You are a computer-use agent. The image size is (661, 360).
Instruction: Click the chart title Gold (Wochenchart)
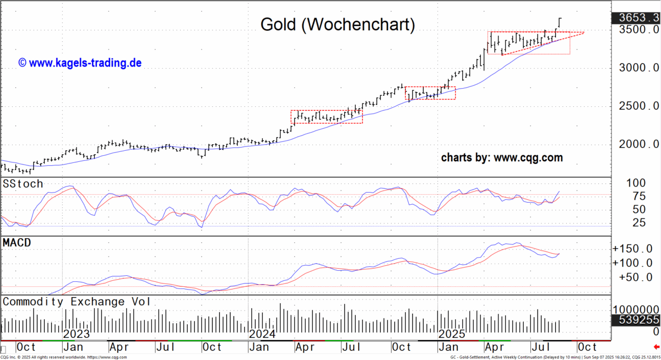(337, 24)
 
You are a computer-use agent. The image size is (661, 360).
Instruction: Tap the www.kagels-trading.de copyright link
(80, 63)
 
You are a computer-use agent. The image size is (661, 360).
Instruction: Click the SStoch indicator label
(23, 183)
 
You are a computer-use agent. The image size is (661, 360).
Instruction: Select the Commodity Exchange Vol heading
(77, 302)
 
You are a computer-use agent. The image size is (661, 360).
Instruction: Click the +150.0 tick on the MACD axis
(636, 248)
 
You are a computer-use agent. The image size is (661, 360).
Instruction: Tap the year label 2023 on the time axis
(76, 334)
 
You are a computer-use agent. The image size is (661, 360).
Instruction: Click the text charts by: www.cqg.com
(502, 158)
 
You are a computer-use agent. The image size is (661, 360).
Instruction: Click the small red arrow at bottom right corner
(655, 347)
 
